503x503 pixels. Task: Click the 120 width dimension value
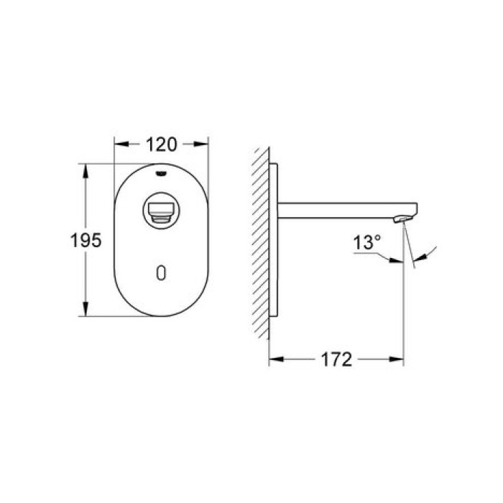click(162, 144)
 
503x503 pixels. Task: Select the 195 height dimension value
click(86, 240)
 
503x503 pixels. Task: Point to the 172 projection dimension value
click(336, 359)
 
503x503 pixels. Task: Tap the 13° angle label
click(366, 243)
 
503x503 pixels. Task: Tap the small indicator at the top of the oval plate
click(161, 172)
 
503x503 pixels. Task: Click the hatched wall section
click(261, 241)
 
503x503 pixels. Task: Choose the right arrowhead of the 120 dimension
click(203, 144)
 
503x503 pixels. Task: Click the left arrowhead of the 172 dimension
click(274, 359)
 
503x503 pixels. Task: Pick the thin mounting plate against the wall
click(274, 241)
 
